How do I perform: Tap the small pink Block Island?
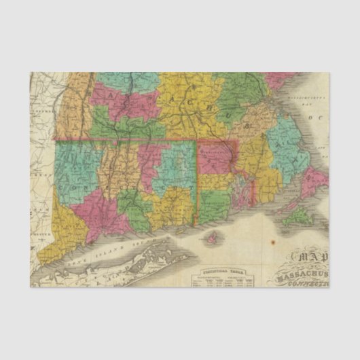pyautogui.click(x=213, y=239)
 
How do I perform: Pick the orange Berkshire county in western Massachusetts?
pyautogui.click(x=69, y=109)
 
